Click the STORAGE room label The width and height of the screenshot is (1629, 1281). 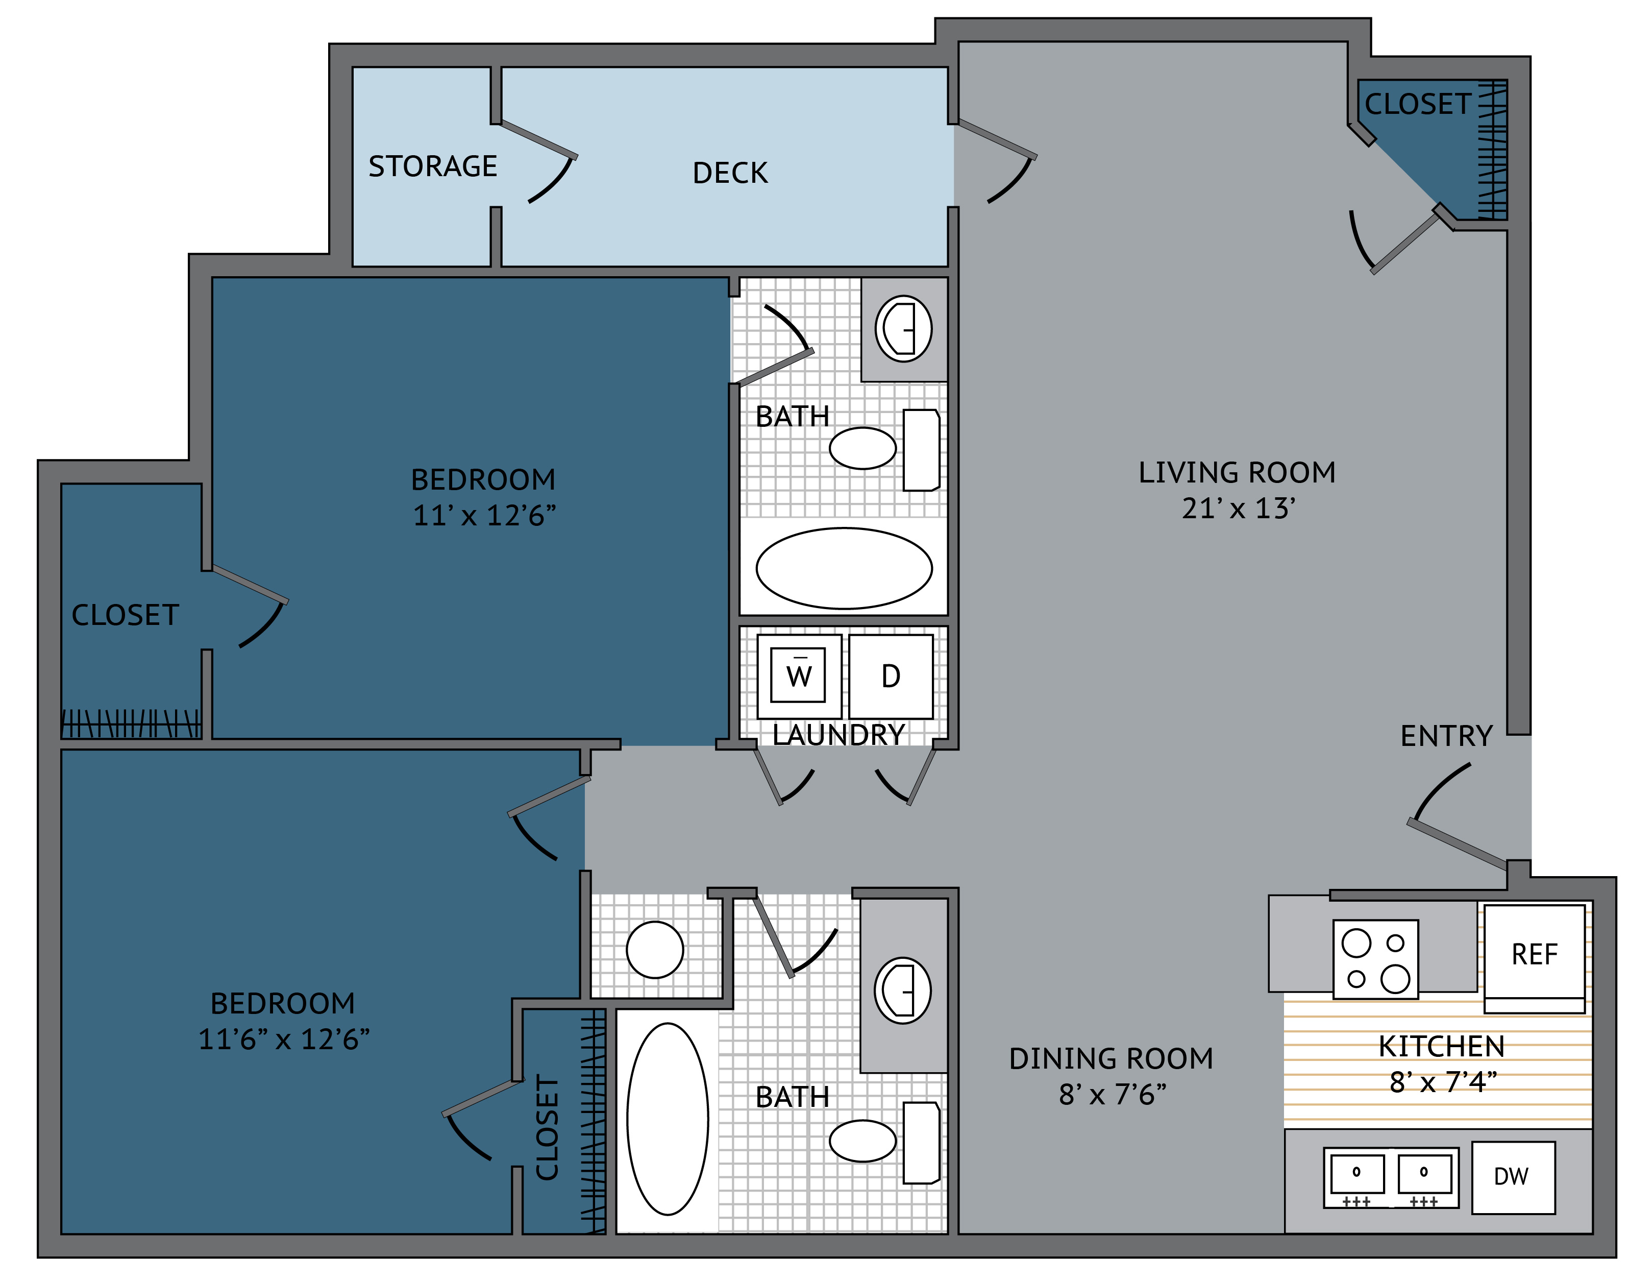tap(433, 166)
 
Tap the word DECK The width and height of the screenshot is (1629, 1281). tap(730, 173)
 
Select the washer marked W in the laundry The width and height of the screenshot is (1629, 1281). tap(799, 676)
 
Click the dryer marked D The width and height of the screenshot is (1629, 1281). tap(891, 676)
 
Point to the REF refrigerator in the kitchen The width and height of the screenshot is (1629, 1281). tap(1535, 958)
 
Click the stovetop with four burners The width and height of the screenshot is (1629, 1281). tap(1375, 959)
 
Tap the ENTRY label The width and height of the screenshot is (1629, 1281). tap(1447, 736)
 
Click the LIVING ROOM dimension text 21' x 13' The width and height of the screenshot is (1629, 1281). tap(1239, 509)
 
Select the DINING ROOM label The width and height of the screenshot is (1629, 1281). tap(1111, 1058)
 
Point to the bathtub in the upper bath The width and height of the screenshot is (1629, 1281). tap(844, 568)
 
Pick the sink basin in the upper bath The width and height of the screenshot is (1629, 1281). tap(903, 328)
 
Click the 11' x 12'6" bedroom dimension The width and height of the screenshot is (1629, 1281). tap(484, 515)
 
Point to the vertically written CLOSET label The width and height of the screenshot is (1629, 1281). tap(547, 1127)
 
